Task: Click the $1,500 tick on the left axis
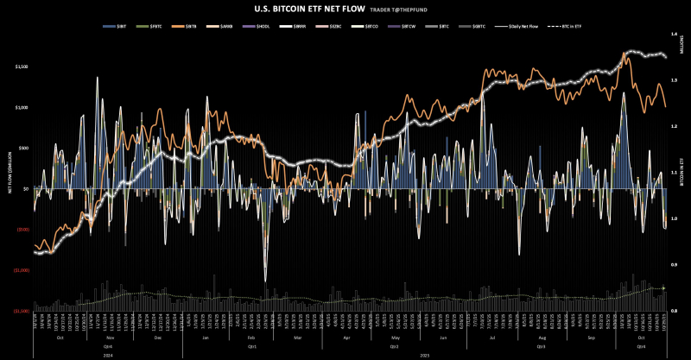pos(22,66)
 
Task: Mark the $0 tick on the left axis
pos(27,188)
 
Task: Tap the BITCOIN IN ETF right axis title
pos(683,173)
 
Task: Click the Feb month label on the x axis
pos(250,337)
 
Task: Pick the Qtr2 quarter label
pos(394,344)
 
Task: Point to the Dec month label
pos(158,337)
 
